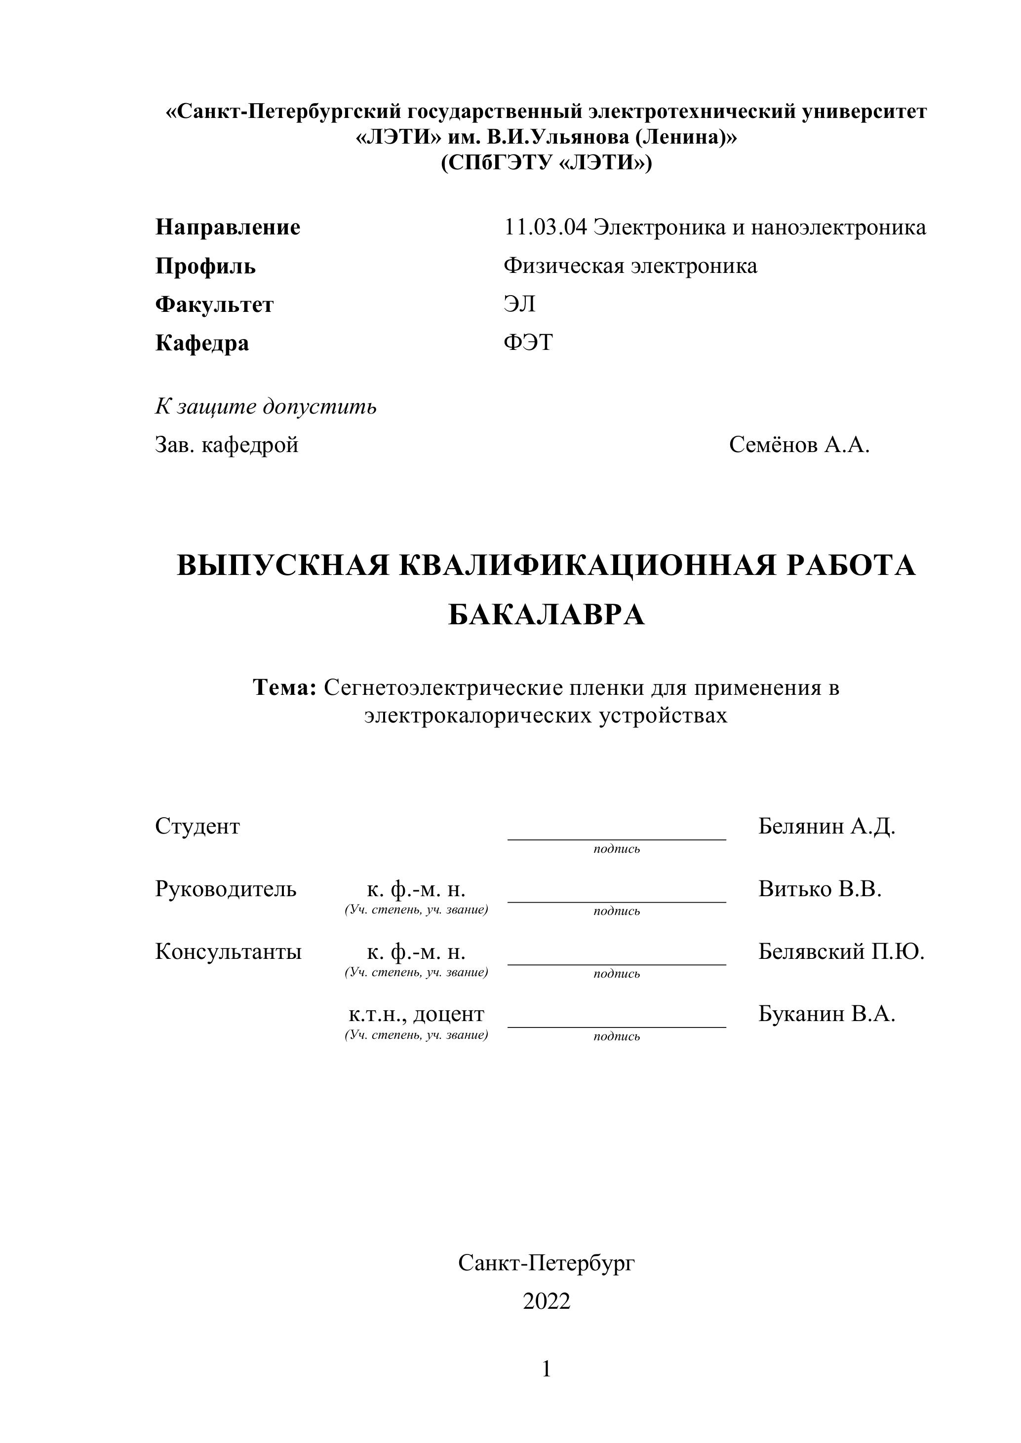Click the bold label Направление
(228, 227)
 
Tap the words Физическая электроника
(630, 266)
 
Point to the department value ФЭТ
(528, 342)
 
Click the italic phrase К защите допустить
(266, 407)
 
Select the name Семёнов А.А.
(799, 445)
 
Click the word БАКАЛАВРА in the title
(547, 615)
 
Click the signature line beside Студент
(616, 838)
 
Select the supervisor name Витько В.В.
(820, 889)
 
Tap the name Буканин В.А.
(826, 1014)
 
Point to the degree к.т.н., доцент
(416, 1014)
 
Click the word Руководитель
(226, 889)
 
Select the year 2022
(547, 1301)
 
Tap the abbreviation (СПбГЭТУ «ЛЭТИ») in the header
(547, 163)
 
